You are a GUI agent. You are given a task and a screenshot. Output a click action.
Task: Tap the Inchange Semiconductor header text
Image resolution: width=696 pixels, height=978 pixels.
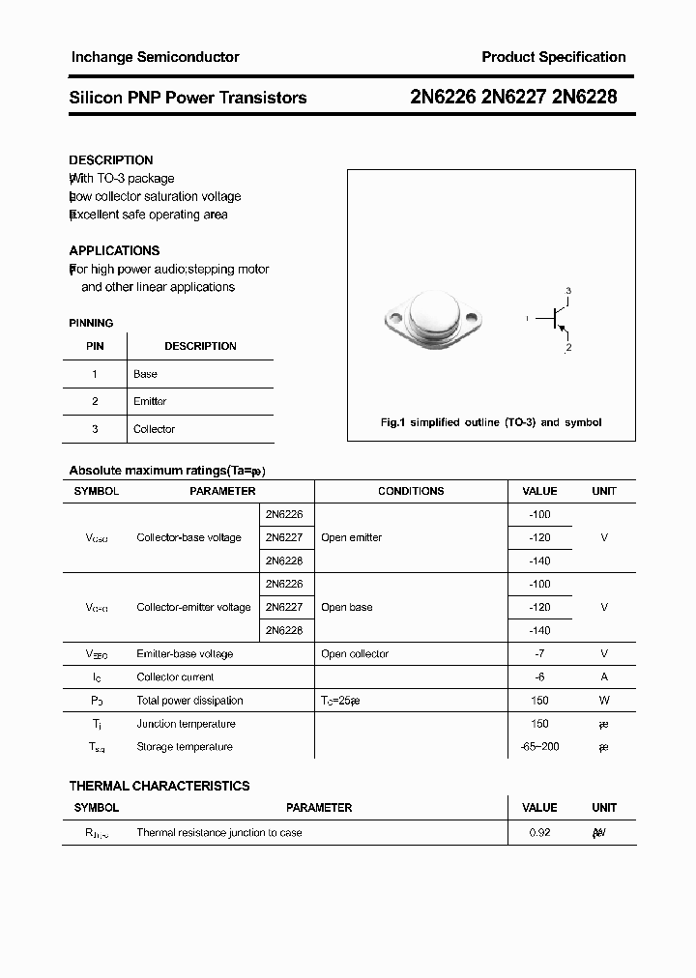click(155, 57)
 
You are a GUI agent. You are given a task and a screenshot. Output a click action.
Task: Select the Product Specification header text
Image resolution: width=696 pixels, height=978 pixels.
click(553, 57)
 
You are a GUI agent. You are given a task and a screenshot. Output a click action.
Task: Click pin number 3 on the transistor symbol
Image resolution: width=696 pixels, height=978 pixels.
click(568, 291)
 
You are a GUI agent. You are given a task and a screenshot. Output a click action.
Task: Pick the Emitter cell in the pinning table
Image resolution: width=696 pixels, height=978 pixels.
click(150, 401)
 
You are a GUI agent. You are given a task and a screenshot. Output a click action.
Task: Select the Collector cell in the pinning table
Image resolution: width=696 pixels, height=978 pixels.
click(154, 429)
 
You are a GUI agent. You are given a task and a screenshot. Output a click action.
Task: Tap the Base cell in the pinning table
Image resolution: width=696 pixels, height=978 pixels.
click(145, 374)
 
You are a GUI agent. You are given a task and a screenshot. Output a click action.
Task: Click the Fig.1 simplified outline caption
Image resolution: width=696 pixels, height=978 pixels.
click(491, 422)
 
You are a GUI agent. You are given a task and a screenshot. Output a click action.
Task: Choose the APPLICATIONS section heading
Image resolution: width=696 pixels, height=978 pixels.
click(114, 250)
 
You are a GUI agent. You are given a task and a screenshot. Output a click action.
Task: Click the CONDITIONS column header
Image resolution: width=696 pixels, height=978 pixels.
click(411, 491)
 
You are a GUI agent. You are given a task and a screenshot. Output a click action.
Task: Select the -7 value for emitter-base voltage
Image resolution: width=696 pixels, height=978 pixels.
click(539, 654)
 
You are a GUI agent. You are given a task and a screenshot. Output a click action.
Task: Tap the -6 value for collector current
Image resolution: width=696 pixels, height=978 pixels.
click(539, 677)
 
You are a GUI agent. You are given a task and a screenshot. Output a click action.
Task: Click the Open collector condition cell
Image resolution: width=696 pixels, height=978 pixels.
click(355, 654)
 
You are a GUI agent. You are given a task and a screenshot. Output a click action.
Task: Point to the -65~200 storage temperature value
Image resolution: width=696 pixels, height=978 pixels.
click(539, 747)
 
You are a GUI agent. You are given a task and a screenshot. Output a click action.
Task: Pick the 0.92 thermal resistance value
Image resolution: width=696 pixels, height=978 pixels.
click(539, 832)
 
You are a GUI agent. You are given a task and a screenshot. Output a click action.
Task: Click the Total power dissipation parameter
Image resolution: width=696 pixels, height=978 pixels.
click(189, 701)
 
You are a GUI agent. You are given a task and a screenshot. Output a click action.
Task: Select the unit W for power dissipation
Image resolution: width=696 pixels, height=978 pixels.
click(604, 701)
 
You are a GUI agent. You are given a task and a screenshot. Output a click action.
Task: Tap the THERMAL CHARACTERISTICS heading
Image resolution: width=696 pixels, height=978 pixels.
click(159, 786)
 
